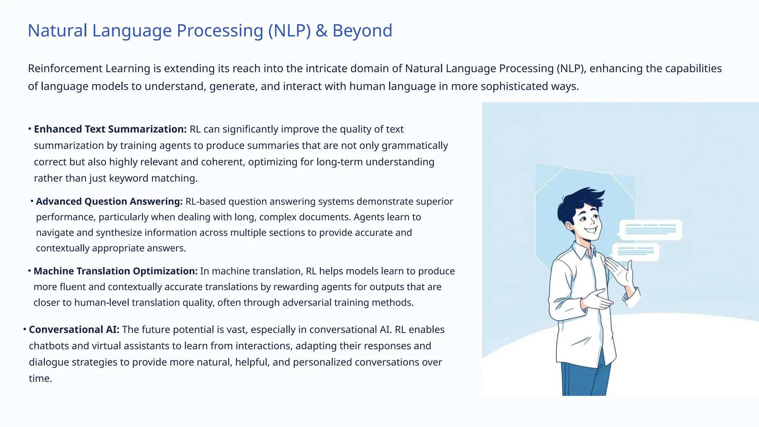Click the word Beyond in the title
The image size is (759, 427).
coord(362,31)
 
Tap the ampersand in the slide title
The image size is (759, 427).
coord(321,31)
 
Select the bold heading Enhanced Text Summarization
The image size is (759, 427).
coord(110,129)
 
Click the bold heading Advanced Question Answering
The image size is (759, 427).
coord(109,202)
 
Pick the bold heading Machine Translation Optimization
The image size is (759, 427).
coord(115,271)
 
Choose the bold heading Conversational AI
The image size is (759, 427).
coord(74,330)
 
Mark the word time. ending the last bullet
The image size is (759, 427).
coord(40,378)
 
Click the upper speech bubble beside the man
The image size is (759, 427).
coord(650,230)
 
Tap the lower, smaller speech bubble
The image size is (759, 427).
coord(636,252)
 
